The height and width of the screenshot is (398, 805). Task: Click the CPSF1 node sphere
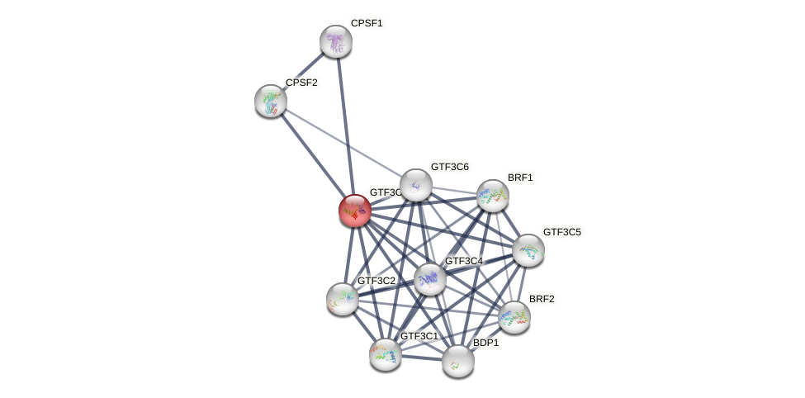point(336,41)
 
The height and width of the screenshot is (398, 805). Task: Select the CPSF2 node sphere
point(271,101)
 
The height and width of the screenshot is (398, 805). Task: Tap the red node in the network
point(355,211)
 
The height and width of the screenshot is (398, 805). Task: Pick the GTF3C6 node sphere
point(415,185)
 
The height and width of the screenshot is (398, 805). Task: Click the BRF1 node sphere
point(493,196)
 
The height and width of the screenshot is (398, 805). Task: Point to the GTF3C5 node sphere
point(528,250)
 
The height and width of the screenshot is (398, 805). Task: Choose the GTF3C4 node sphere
point(430,279)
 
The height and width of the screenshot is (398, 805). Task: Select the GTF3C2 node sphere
point(343,298)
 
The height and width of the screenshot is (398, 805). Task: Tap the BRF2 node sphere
point(514,316)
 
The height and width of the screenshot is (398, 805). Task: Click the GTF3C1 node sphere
point(386,354)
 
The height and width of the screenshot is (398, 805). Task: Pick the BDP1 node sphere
point(458,361)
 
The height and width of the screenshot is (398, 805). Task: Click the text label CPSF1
point(367,23)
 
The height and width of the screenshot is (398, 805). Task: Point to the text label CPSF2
point(301,83)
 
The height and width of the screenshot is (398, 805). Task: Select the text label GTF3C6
point(449,167)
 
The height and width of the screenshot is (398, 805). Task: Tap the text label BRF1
point(520,178)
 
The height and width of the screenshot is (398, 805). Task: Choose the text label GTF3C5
point(561,232)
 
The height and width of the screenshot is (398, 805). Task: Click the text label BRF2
point(542,299)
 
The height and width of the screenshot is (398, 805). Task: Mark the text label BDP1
point(485,343)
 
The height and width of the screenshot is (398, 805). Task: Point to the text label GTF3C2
point(376,281)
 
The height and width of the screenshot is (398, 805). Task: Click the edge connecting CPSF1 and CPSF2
point(304,71)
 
